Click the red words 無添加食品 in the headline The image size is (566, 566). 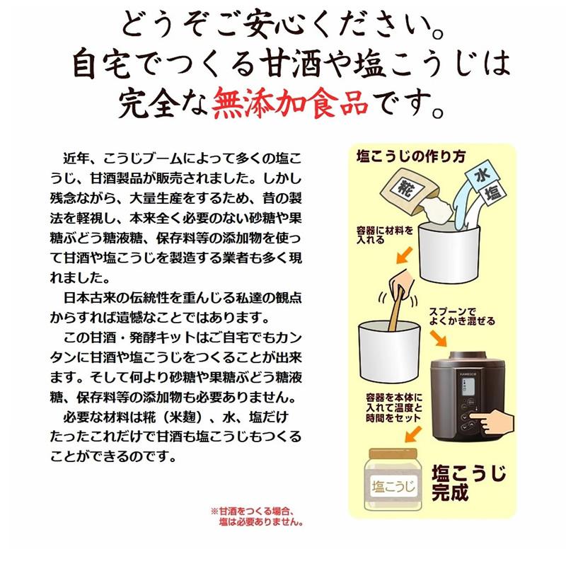click(290, 102)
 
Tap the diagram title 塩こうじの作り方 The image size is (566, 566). click(411, 156)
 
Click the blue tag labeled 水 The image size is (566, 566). click(483, 175)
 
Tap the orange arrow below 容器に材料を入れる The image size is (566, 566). click(404, 255)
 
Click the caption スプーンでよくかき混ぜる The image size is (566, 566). click(462, 316)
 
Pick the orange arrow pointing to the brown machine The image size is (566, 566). click(439, 338)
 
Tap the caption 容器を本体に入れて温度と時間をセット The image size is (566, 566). click(393, 408)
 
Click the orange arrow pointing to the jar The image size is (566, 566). click(412, 434)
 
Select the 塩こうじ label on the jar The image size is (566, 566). click(393, 485)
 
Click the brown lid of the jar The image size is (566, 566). click(393, 454)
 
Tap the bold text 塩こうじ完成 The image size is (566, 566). click(469, 482)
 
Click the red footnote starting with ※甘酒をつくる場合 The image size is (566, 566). click(257, 516)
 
